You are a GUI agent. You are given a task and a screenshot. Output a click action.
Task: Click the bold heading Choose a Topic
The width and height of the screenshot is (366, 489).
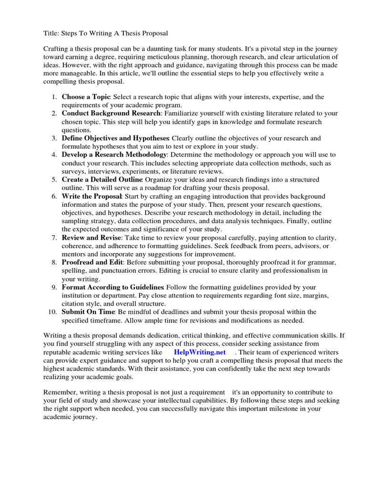[x=86, y=96]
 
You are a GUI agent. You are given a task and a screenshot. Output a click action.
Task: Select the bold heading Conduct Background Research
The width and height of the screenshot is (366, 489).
[x=111, y=113]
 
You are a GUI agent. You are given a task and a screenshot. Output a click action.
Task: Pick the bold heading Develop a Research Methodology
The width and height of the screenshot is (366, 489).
[x=114, y=155]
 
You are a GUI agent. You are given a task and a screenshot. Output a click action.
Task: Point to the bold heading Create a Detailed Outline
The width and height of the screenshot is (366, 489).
[x=102, y=180]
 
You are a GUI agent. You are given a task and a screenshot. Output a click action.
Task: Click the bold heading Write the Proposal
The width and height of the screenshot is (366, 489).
[x=92, y=196]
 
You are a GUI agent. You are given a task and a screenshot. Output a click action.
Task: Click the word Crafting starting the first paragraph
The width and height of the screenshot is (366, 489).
[x=56, y=49]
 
